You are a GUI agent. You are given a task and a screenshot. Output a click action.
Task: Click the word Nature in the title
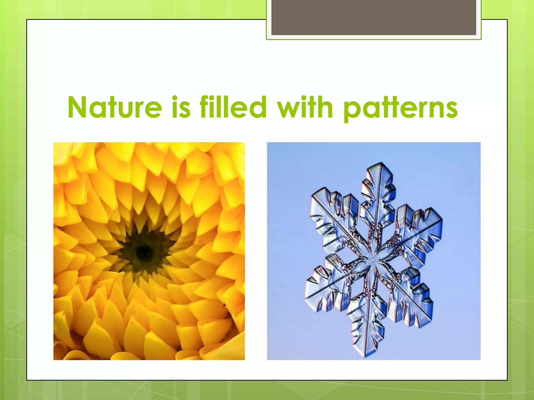115,108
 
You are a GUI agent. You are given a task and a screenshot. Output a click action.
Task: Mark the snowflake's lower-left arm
326,289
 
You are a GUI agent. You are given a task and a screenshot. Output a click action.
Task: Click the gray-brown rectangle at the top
373,18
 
